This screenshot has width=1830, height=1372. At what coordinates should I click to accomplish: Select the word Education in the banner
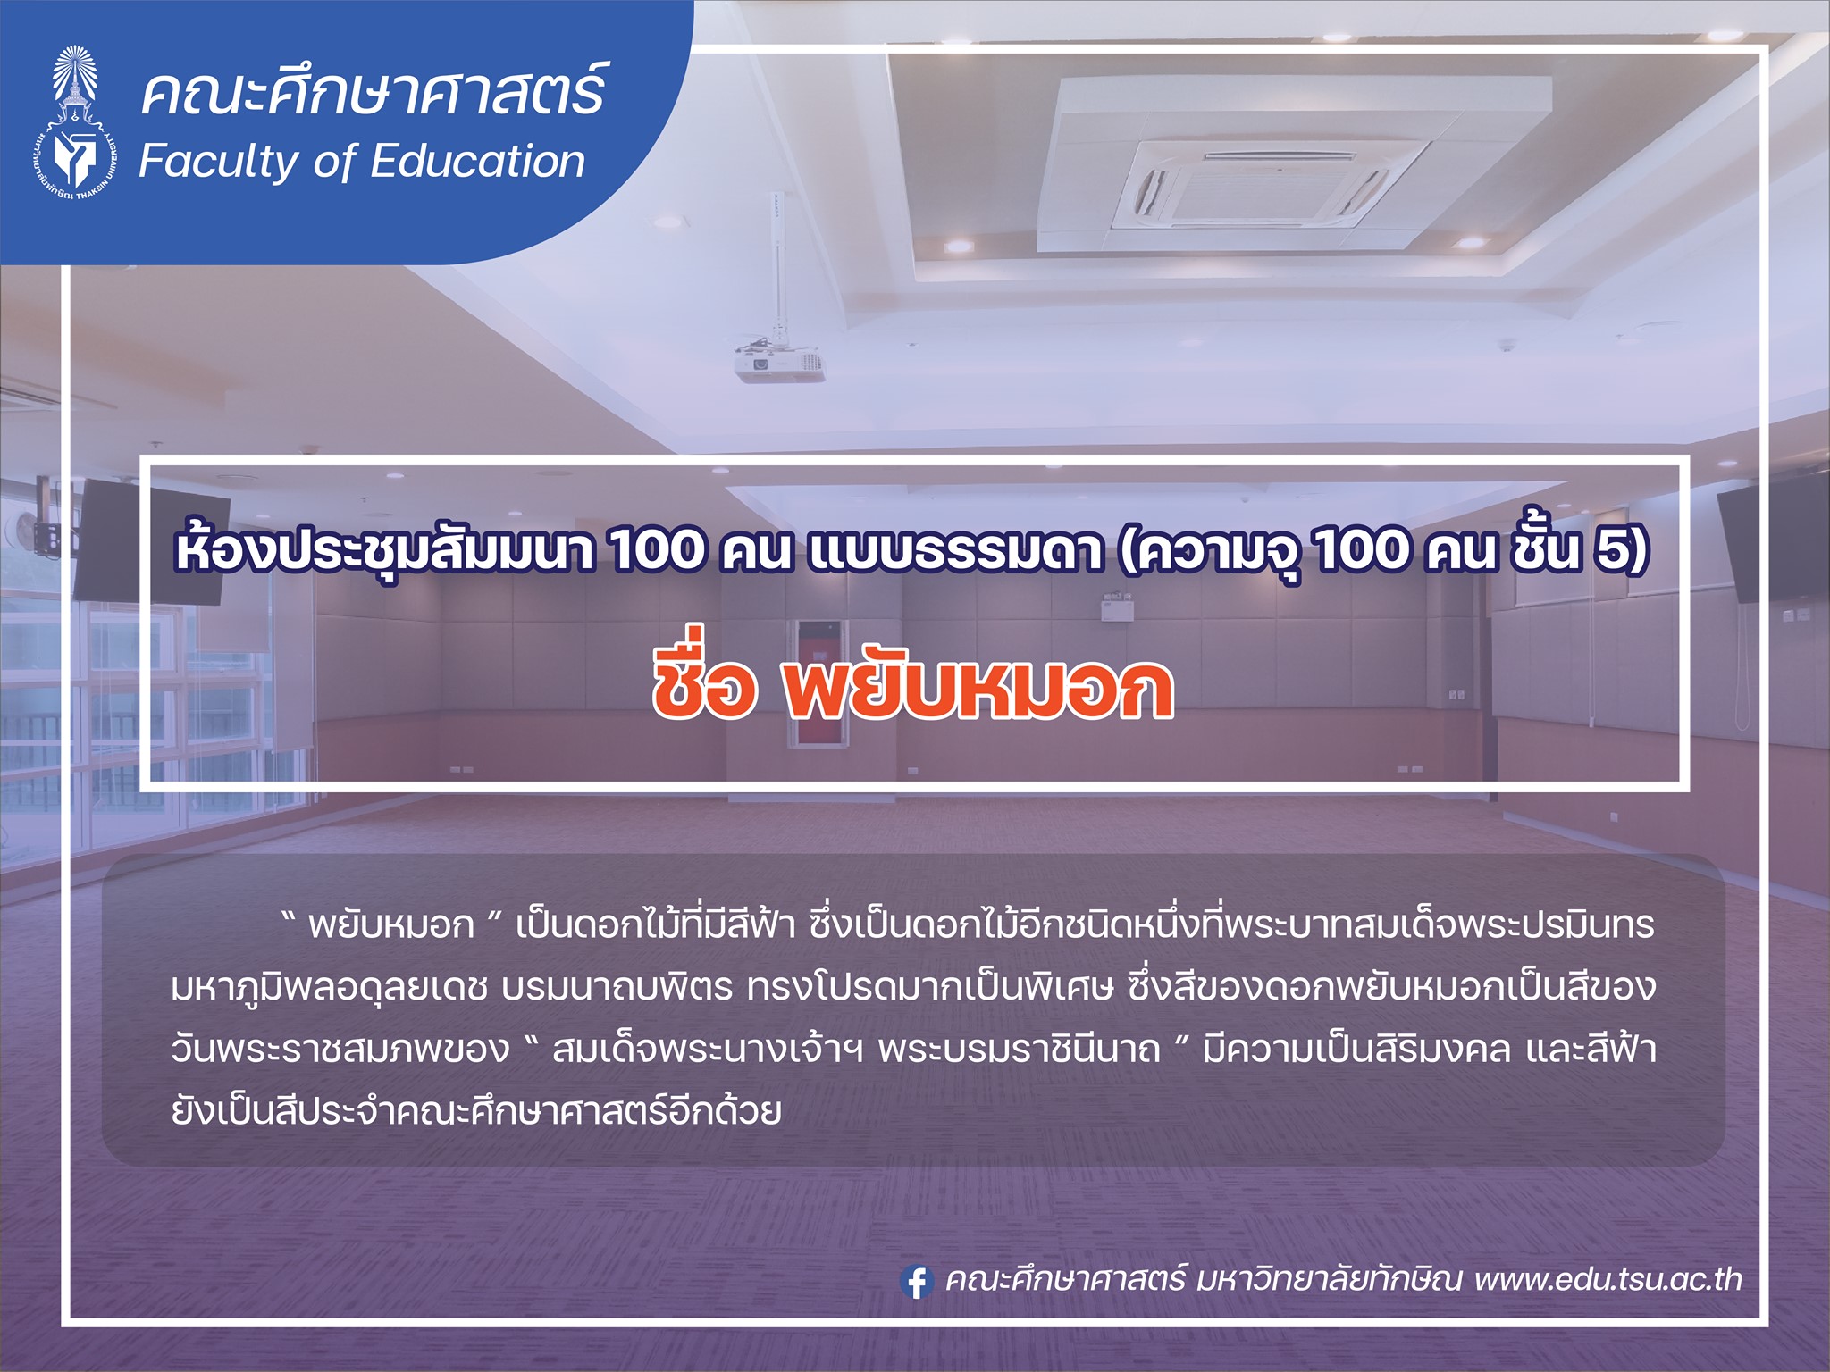tap(477, 162)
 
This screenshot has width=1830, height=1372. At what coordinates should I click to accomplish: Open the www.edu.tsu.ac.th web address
tap(1608, 1279)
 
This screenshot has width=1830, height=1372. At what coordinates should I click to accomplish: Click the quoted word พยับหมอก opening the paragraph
tap(390, 926)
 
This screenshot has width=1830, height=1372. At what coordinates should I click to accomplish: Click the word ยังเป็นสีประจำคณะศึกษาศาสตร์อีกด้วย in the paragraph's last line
tap(476, 1110)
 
